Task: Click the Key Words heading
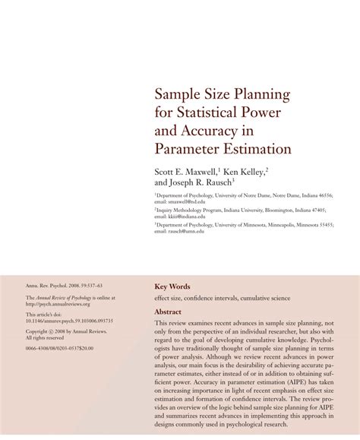(x=172, y=286)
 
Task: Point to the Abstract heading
(x=168, y=312)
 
